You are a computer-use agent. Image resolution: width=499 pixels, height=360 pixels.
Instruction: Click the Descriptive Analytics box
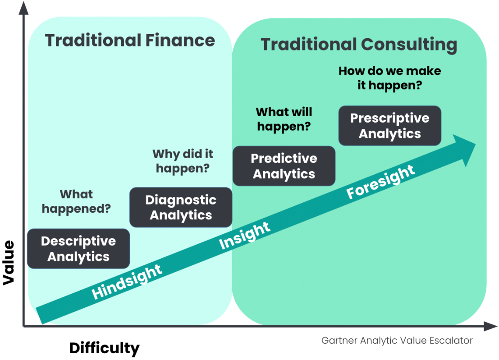tap(78, 249)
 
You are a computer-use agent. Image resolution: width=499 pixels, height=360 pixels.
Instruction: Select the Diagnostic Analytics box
tap(181, 207)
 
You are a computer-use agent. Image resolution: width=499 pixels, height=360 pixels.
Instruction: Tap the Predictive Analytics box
tap(284, 166)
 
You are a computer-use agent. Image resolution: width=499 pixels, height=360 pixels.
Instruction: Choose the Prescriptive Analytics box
tap(390, 126)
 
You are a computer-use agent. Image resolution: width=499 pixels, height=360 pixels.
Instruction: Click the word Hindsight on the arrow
tap(127, 282)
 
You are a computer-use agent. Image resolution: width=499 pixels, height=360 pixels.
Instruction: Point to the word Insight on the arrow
tap(245, 235)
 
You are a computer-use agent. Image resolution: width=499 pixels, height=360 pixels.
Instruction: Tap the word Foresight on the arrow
tap(380, 182)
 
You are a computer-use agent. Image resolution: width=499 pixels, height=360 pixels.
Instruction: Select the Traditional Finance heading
tap(130, 41)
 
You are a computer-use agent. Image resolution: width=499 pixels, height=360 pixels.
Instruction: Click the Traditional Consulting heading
tap(359, 44)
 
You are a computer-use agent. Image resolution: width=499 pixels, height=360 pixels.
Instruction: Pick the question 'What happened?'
tap(76, 201)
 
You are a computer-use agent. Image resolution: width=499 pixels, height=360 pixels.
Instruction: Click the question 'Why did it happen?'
tap(183, 161)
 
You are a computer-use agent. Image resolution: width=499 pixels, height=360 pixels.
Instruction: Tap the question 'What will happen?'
tap(284, 119)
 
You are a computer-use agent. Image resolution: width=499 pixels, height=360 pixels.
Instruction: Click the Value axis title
tap(9, 263)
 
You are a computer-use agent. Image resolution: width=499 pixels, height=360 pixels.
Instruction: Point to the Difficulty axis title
tap(105, 348)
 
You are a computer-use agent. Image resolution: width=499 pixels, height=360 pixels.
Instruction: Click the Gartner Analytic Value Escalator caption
tap(397, 341)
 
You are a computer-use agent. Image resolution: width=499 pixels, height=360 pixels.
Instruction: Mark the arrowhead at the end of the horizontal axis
tap(490, 326)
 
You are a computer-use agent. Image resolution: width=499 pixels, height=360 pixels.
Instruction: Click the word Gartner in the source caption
tap(339, 341)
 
